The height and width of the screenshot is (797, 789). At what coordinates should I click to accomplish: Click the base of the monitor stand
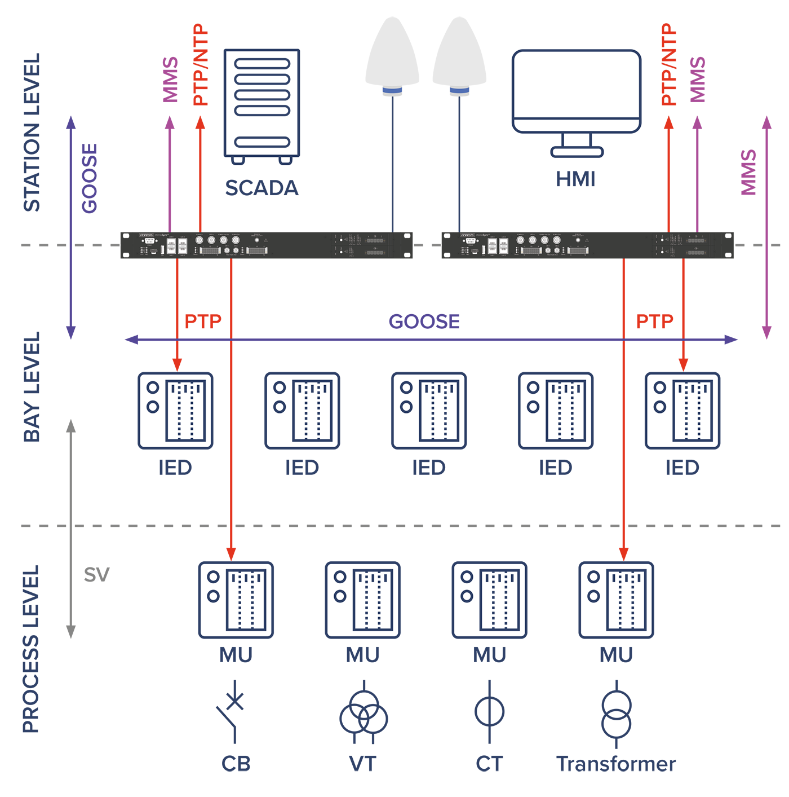(577, 152)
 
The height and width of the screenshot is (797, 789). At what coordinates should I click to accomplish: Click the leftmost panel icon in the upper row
(175, 411)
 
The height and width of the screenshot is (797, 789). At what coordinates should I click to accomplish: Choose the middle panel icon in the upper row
(429, 411)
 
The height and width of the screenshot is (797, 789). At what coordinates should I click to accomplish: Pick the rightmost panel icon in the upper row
(682, 411)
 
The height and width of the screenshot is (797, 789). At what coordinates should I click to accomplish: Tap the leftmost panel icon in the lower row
(236, 600)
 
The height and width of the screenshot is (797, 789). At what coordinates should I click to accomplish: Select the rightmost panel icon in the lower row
(616, 600)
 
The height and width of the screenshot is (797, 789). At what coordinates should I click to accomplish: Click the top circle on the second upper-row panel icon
(280, 388)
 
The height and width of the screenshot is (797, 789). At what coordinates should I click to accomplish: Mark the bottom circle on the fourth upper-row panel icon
(533, 407)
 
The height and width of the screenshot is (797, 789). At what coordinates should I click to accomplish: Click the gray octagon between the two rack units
(427, 245)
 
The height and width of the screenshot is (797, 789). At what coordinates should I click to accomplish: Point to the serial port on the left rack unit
(149, 240)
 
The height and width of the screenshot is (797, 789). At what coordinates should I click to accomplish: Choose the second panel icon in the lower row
(363, 600)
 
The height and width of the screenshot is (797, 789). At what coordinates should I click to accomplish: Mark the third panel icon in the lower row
(490, 600)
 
